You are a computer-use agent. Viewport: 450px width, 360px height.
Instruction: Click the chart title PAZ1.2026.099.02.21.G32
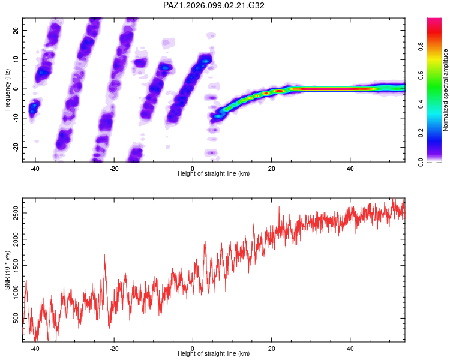coord(214,5)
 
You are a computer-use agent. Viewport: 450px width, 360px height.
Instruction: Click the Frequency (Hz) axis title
coord(7,90)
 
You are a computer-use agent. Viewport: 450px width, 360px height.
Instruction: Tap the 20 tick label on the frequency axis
coord(16,30)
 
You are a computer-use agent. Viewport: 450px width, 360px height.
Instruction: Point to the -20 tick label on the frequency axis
coord(16,147)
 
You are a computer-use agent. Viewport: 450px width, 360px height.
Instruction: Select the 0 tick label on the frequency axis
coord(16,89)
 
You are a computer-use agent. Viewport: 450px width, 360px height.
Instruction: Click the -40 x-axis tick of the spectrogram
coord(35,169)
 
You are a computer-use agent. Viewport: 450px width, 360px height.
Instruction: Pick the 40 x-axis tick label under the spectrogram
coord(350,169)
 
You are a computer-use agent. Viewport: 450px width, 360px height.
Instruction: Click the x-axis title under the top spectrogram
coord(214,173)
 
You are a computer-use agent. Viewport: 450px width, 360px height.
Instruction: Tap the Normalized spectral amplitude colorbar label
coord(445,90)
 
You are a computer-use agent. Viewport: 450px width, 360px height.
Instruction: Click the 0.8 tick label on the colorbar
coord(421,47)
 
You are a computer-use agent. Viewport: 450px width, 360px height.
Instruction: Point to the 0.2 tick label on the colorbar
coord(421,133)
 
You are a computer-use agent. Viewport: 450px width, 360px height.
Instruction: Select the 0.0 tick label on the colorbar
coord(421,162)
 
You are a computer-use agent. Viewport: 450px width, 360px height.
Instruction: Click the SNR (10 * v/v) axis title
coord(7,270)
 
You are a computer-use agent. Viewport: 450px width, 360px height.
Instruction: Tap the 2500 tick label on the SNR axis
coord(16,213)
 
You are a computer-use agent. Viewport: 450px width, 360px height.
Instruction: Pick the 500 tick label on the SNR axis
coord(16,318)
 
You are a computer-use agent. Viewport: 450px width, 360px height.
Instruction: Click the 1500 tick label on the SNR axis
coord(16,266)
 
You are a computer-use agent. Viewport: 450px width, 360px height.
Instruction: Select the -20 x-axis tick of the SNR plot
coord(114,349)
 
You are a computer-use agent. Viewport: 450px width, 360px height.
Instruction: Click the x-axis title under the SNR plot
coord(214,353)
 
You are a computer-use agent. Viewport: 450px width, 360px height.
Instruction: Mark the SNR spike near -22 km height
coord(104,255)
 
